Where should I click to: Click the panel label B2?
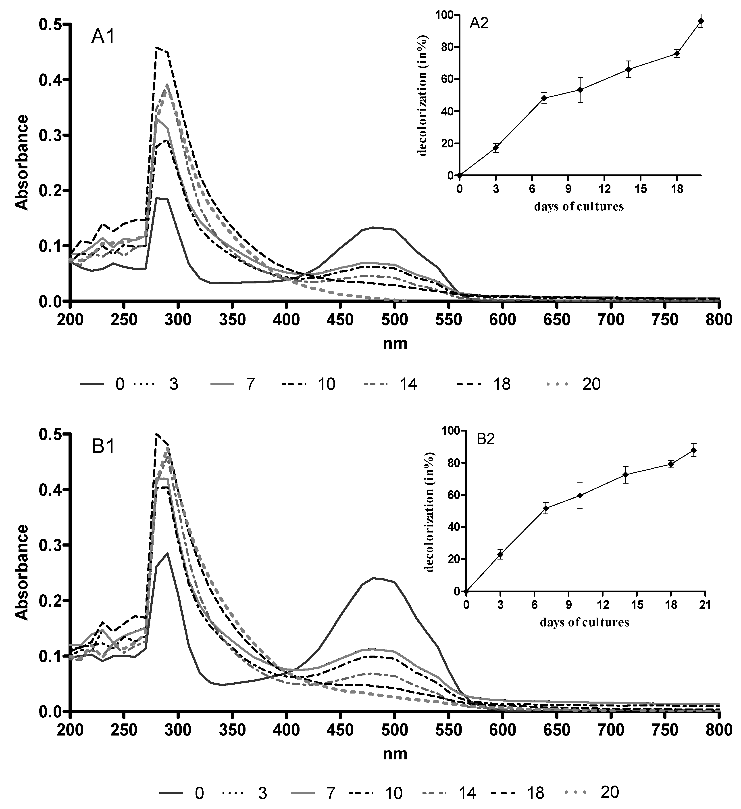point(486,439)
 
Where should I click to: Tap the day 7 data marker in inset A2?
point(544,98)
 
